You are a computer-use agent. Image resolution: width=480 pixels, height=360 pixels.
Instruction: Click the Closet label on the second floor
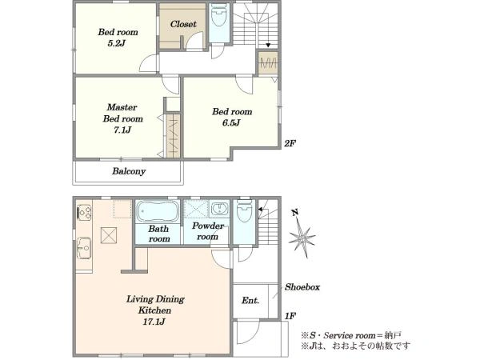click(x=183, y=24)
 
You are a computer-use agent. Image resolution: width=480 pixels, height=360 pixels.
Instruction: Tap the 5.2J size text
click(x=117, y=43)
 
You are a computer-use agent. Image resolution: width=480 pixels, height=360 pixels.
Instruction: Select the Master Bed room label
click(x=122, y=113)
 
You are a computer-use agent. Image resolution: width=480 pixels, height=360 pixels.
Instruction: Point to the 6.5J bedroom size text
click(x=231, y=122)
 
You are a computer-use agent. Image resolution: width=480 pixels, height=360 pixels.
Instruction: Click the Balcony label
click(x=129, y=171)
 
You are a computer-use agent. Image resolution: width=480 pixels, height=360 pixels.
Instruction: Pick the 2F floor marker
click(x=290, y=143)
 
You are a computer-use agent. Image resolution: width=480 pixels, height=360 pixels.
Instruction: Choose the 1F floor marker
click(x=290, y=316)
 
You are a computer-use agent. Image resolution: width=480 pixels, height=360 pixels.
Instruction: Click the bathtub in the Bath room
click(x=158, y=210)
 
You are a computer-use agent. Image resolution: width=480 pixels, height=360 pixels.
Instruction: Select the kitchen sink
click(x=83, y=248)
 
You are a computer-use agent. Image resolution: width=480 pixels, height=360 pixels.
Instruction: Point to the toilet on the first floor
click(x=244, y=211)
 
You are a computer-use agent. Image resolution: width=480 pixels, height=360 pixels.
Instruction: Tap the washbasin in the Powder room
click(x=219, y=209)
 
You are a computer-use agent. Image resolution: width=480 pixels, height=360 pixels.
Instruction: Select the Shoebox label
click(x=302, y=287)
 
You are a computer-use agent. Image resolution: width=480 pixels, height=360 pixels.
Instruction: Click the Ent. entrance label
click(x=250, y=301)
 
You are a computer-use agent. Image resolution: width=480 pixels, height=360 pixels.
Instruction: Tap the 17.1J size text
click(x=154, y=322)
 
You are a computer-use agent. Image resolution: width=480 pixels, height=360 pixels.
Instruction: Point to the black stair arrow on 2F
click(x=268, y=46)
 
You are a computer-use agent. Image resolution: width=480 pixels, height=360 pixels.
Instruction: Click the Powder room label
click(x=207, y=231)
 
